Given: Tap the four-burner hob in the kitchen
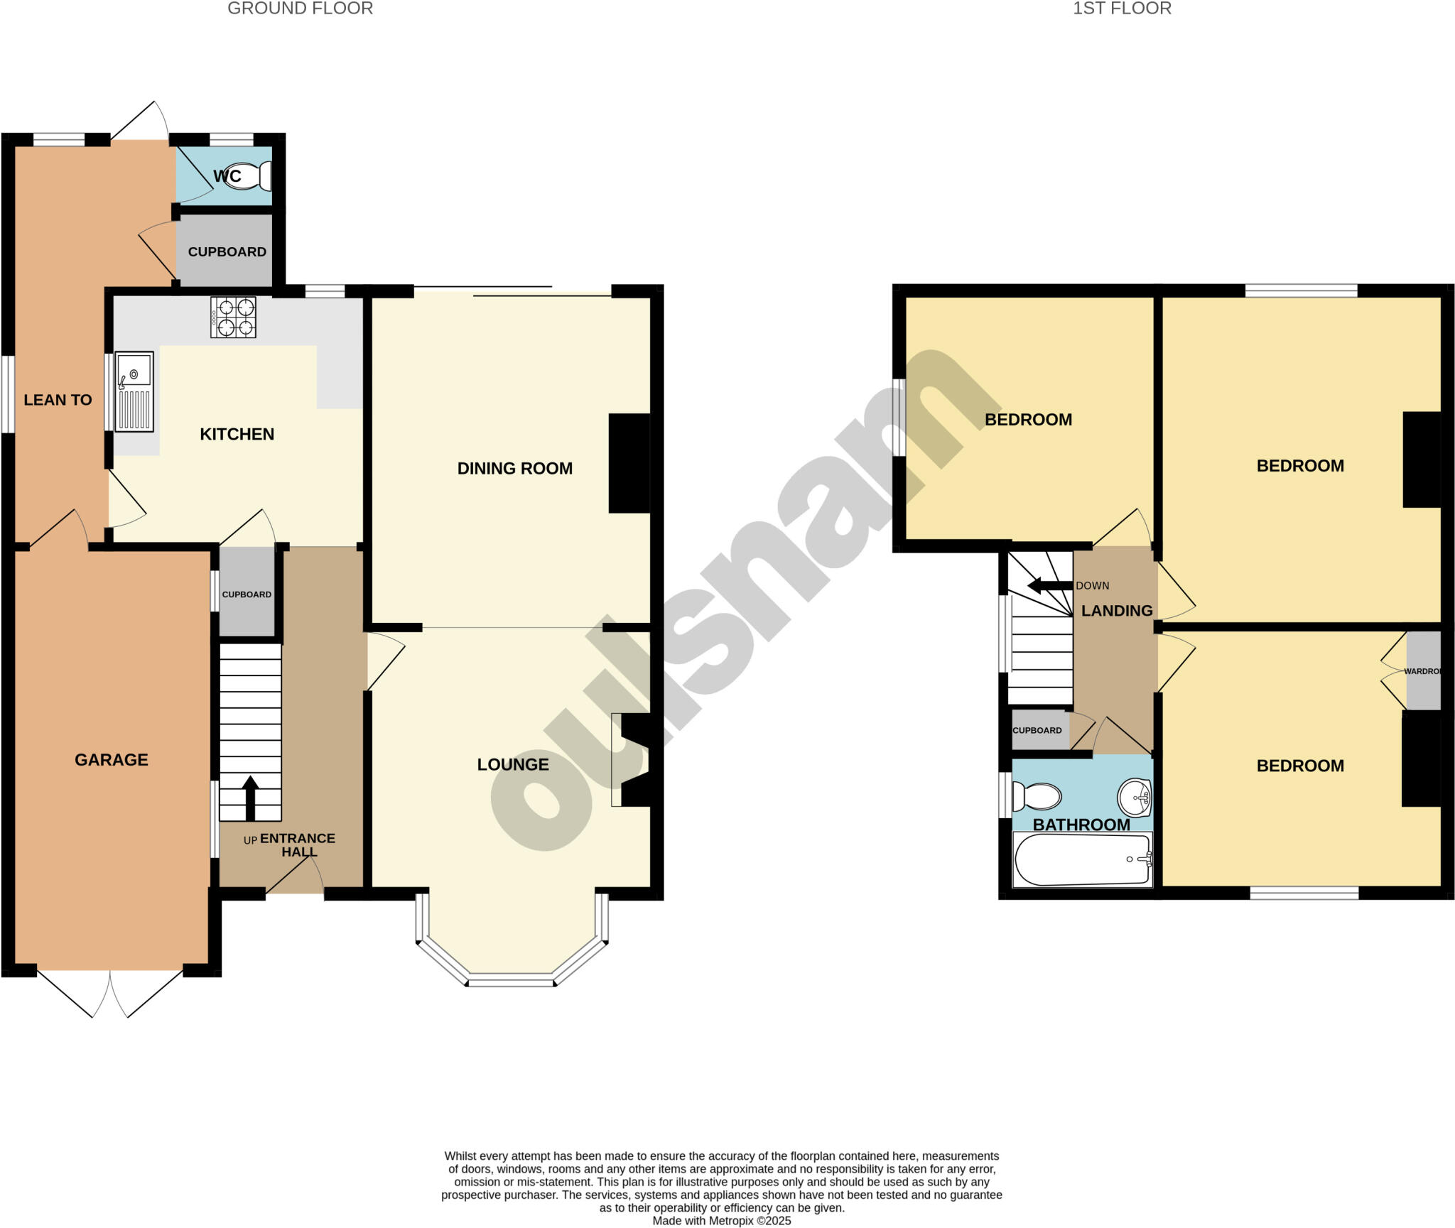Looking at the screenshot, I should click(233, 317).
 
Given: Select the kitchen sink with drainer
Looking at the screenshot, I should click(134, 391).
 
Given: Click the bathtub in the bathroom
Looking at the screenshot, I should click(1082, 859).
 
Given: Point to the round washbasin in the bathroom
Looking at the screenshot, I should click(1134, 798).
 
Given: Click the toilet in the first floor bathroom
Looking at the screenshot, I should click(1036, 796).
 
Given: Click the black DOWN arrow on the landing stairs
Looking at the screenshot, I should click(1050, 585).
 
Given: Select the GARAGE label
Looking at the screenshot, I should click(112, 760).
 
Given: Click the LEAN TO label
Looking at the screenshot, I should click(58, 400).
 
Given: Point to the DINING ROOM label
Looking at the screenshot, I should click(514, 468).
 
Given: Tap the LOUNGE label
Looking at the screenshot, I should click(512, 764).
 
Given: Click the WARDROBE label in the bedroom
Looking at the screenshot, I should click(1422, 671).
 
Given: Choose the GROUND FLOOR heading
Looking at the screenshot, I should click(300, 9).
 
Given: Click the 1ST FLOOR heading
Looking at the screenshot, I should click(1122, 9).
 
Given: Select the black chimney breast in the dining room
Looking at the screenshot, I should click(629, 463).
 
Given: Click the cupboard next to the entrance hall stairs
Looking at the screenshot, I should click(247, 594).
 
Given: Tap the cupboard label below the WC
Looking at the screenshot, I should click(227, 251).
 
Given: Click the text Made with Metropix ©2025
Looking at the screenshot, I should click(721, 1220).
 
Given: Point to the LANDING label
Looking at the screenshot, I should click(1116, 611).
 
